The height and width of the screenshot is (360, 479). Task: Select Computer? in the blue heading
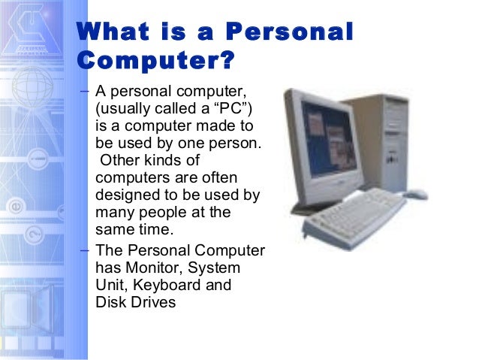click(x=156, y=59)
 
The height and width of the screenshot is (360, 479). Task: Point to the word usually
click(x=128, y=108)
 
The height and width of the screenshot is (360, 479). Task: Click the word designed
click(x=125, y=194)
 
